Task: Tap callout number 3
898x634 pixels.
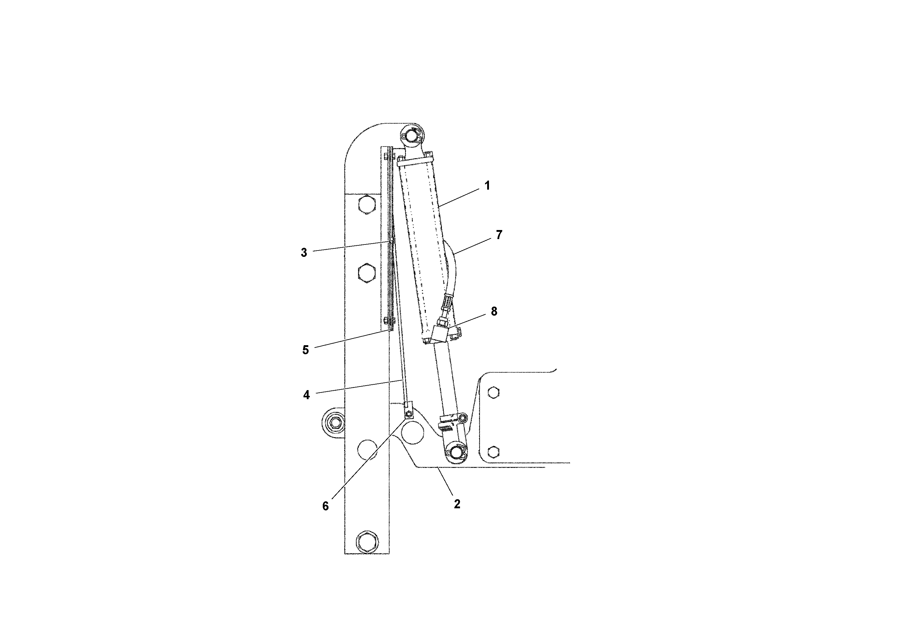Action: [304, 253]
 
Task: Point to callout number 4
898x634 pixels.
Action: [306, 395]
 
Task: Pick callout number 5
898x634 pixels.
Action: [306, 349]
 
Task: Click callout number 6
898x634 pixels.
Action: [325, 506]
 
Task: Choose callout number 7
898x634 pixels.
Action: [499, 235]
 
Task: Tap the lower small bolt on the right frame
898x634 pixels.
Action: [494, 452]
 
